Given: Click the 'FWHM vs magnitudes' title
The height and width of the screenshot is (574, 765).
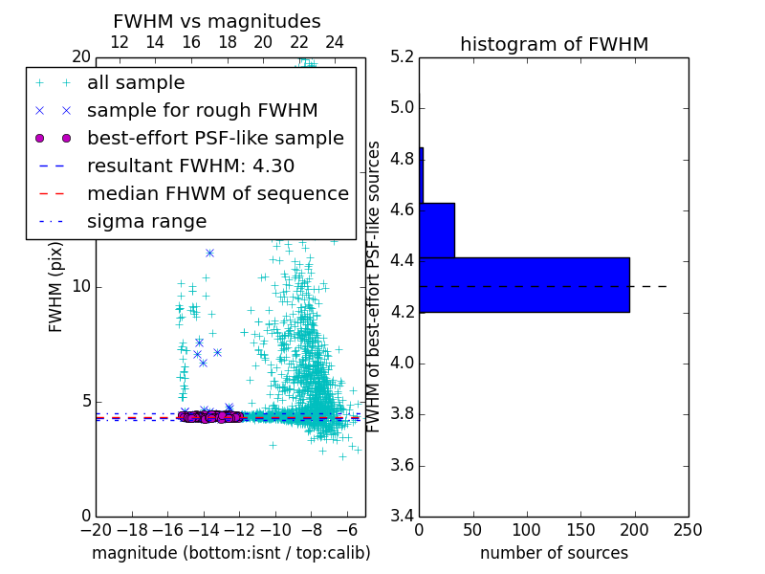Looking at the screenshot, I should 217,21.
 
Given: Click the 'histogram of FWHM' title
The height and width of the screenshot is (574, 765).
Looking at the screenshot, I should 554,44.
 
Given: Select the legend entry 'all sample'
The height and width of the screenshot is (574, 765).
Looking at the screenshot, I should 136,83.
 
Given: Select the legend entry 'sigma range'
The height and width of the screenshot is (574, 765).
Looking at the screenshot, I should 146,222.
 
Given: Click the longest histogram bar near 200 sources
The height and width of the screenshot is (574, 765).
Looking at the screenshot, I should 524,285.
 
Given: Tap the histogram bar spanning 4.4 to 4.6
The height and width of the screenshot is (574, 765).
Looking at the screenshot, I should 437,231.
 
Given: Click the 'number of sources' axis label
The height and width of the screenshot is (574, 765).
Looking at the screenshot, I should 554,553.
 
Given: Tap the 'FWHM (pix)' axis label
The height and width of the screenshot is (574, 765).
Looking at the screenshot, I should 56,286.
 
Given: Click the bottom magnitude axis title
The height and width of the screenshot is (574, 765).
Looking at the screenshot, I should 230,553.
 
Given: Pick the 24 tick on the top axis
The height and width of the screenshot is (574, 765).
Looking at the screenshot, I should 335,42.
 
